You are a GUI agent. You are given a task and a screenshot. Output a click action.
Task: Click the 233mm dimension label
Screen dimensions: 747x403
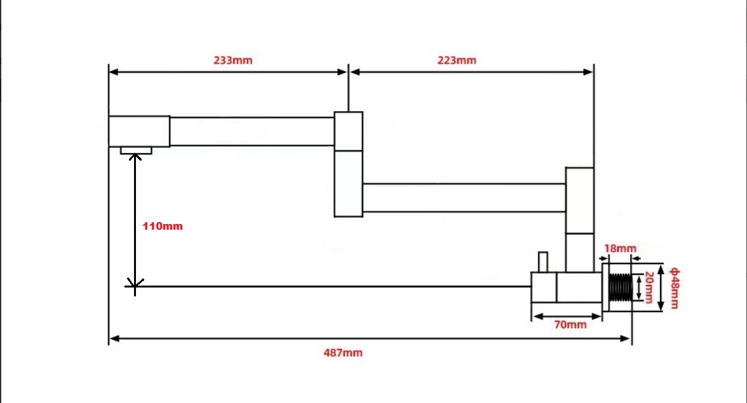pos(233,60)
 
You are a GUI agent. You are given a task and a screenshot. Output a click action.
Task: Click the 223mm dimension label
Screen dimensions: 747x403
pos(457,60)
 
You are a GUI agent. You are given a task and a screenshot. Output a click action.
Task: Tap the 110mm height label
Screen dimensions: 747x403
pos(163,226)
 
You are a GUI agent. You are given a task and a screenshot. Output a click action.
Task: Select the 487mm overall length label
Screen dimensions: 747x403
pos(343,353)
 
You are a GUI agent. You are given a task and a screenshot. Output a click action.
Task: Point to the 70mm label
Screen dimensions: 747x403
pos(570,324)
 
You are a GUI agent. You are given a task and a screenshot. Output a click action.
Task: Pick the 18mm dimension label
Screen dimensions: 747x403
pos(620,248)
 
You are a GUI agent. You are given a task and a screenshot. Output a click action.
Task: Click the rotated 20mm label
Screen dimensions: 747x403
pos(649,287)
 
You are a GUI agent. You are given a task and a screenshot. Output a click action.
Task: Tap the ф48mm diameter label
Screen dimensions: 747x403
pos(675,288)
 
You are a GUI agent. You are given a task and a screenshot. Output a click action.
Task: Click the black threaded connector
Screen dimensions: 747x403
pos(620,287)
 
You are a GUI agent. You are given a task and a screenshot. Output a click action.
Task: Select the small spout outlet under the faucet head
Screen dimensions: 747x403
pos(136,150)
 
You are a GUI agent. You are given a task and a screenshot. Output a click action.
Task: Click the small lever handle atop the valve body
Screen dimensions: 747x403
pos(542,262)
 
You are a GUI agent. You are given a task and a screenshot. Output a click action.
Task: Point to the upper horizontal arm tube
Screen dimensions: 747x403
pos(252,131)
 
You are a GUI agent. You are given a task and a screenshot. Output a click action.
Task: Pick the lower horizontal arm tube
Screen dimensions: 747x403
pos(464,197)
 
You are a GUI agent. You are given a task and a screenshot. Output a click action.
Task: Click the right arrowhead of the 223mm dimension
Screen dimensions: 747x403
pos(588,72)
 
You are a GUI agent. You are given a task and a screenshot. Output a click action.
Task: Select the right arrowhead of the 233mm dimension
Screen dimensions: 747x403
pos(342,72)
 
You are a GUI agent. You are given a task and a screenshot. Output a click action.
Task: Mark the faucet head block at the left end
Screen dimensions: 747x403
pos(139,131)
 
